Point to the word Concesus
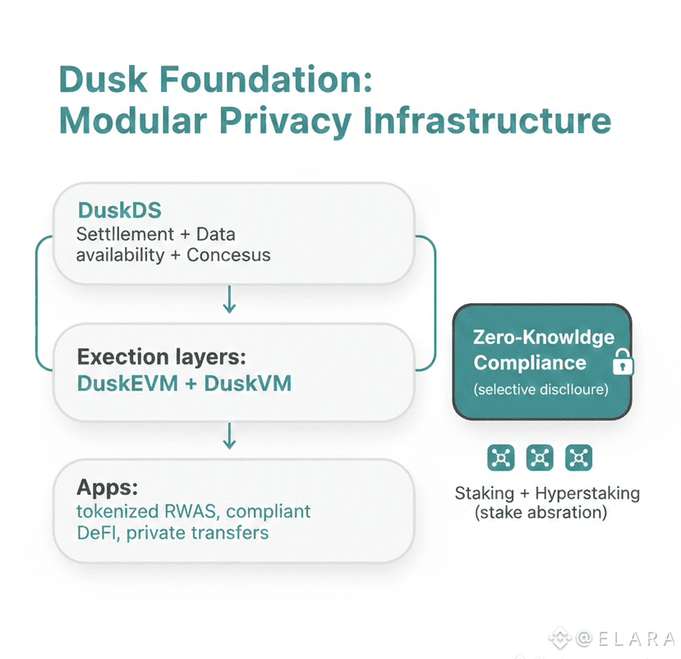(x=228, y=254)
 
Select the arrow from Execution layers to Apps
(x=230, y=436)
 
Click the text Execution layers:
(x=162, y=357)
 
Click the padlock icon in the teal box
(x=622, y=362)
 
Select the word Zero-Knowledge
(x=544, y=338)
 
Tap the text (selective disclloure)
(x=541, y=389)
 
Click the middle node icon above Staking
(x=540, y=458)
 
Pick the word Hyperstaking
(x=587, y=494)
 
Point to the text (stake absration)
(x=541, y=514)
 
